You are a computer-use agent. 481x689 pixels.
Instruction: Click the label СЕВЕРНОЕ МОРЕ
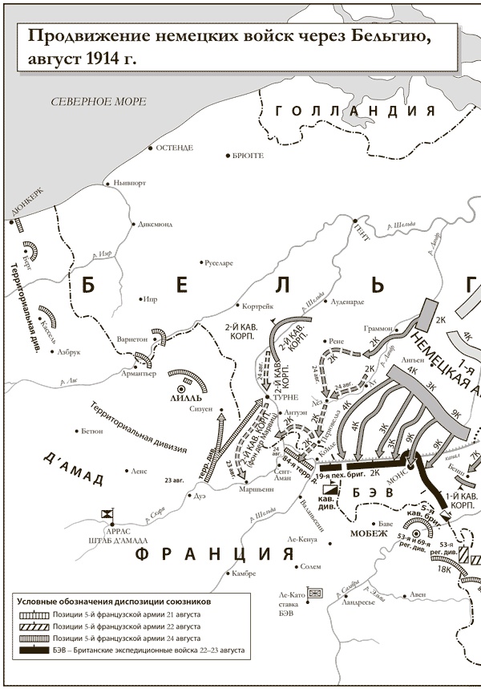coord(98,102)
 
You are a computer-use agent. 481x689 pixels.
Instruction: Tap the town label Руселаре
coord(218,263)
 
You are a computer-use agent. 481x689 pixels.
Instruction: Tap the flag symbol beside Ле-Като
coord(314,593)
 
